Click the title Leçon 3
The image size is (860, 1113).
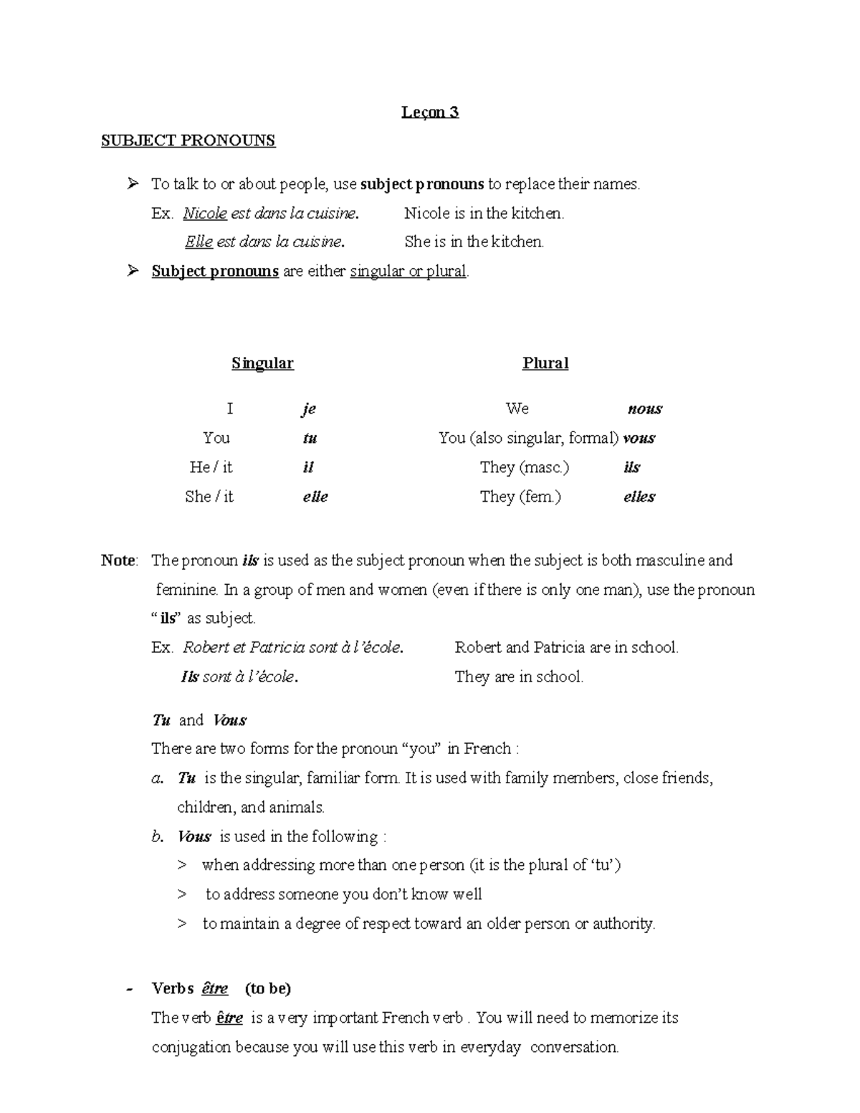click(430, 112)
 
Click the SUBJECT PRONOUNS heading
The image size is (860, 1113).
click(188, 140)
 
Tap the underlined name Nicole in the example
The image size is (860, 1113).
click(205, 213)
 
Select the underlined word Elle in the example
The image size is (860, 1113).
click(199, 242)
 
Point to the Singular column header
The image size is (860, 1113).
click(262, 363)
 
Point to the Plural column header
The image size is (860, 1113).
click(545, 363)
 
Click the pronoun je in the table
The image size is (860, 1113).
click(308, 409)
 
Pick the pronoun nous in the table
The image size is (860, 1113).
click(644, 409)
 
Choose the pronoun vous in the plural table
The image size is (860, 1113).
click(639, 438)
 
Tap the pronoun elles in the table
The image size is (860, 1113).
click(639, 497)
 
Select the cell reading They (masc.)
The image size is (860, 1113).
click(525, 467)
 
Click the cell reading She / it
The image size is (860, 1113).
click(209, 497)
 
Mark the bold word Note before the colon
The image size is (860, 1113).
click(118, 560)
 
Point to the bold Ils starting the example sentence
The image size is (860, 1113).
click(189, 677)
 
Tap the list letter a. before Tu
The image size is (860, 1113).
click(158, 778)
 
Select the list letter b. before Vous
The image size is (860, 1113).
click(158, 836)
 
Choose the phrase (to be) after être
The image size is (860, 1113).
click(268, 989)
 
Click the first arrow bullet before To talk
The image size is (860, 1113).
click(132, 184)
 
